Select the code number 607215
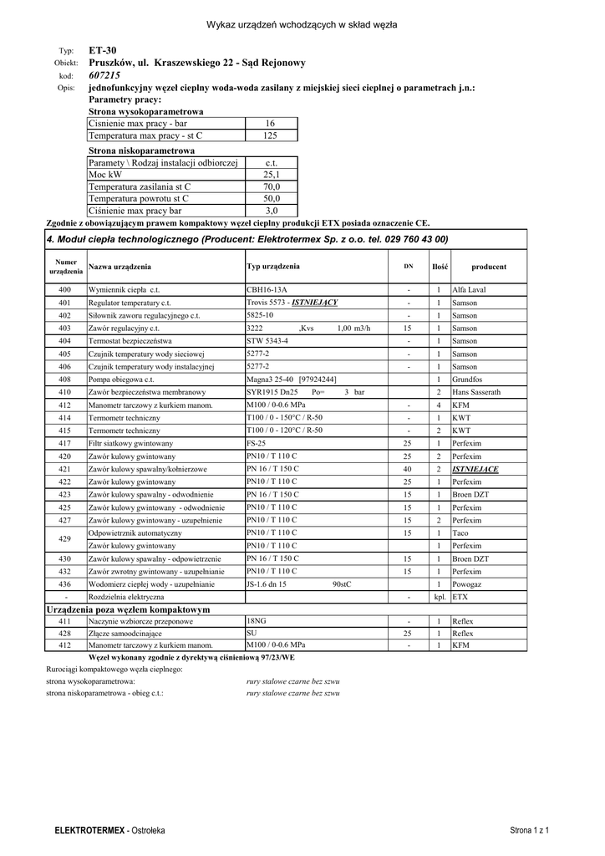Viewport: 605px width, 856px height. coord(104,75)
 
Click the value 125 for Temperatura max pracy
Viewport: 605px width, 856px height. coord(270,135)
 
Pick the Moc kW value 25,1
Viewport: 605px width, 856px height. coord(271,175)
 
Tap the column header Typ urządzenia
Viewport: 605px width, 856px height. coord(273,267)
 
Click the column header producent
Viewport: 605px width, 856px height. coord(489,267)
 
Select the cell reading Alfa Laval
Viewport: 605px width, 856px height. coord(469,289)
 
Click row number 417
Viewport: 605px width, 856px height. coord(64,443)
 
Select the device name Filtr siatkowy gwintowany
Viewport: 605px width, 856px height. coord(130,443)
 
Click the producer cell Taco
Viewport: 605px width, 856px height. coord(460,532)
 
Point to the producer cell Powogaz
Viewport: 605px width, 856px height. coord(468,583)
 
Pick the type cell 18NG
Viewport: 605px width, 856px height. coord(257,622)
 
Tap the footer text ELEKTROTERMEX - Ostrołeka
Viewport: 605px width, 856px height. coord(109,830)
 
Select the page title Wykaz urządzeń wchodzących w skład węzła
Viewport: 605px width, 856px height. coord(302,24)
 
